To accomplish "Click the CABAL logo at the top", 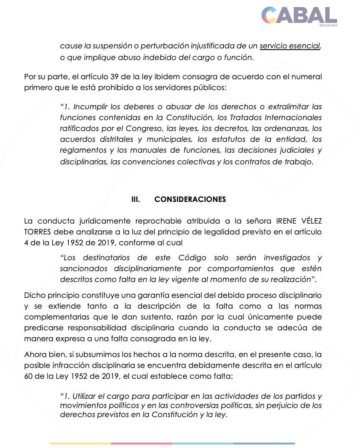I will click(x=299, y=15).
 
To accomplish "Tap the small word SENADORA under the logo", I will click(x=328, y=25).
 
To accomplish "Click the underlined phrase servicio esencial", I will click(x=290, y=46).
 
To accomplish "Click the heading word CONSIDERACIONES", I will click(x=190, y=199).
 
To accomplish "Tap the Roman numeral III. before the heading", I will click(x=135, y=199).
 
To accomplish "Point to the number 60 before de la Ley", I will click(x=28, y=376).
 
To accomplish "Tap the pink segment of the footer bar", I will click(x=141, y=443).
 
